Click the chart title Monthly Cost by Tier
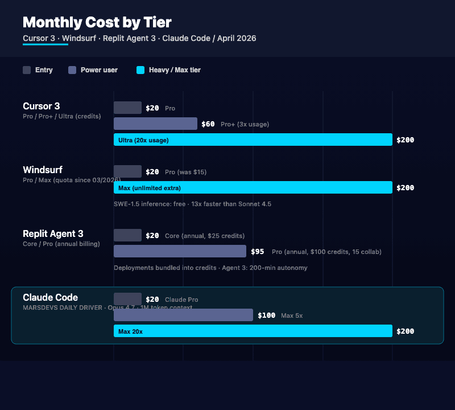pos(97,23)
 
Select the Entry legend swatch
pos(27,70)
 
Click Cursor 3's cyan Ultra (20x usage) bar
pos(253,140)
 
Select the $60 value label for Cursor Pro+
pos(208,124)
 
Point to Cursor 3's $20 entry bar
pos(127,108)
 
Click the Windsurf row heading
pos(43,170)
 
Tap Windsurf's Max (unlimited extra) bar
pos(253,187)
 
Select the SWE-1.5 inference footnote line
pos(192,204)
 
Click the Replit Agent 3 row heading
pos(53,233)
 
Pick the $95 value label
pos(258,251)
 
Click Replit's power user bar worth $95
pos(180,251)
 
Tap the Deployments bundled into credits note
pos(210,268)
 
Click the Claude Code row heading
pos(50,297)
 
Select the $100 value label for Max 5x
pos(266,315)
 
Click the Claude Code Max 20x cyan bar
pos(253,331)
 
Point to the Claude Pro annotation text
pos(181,300)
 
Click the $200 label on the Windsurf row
pos(405,187)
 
